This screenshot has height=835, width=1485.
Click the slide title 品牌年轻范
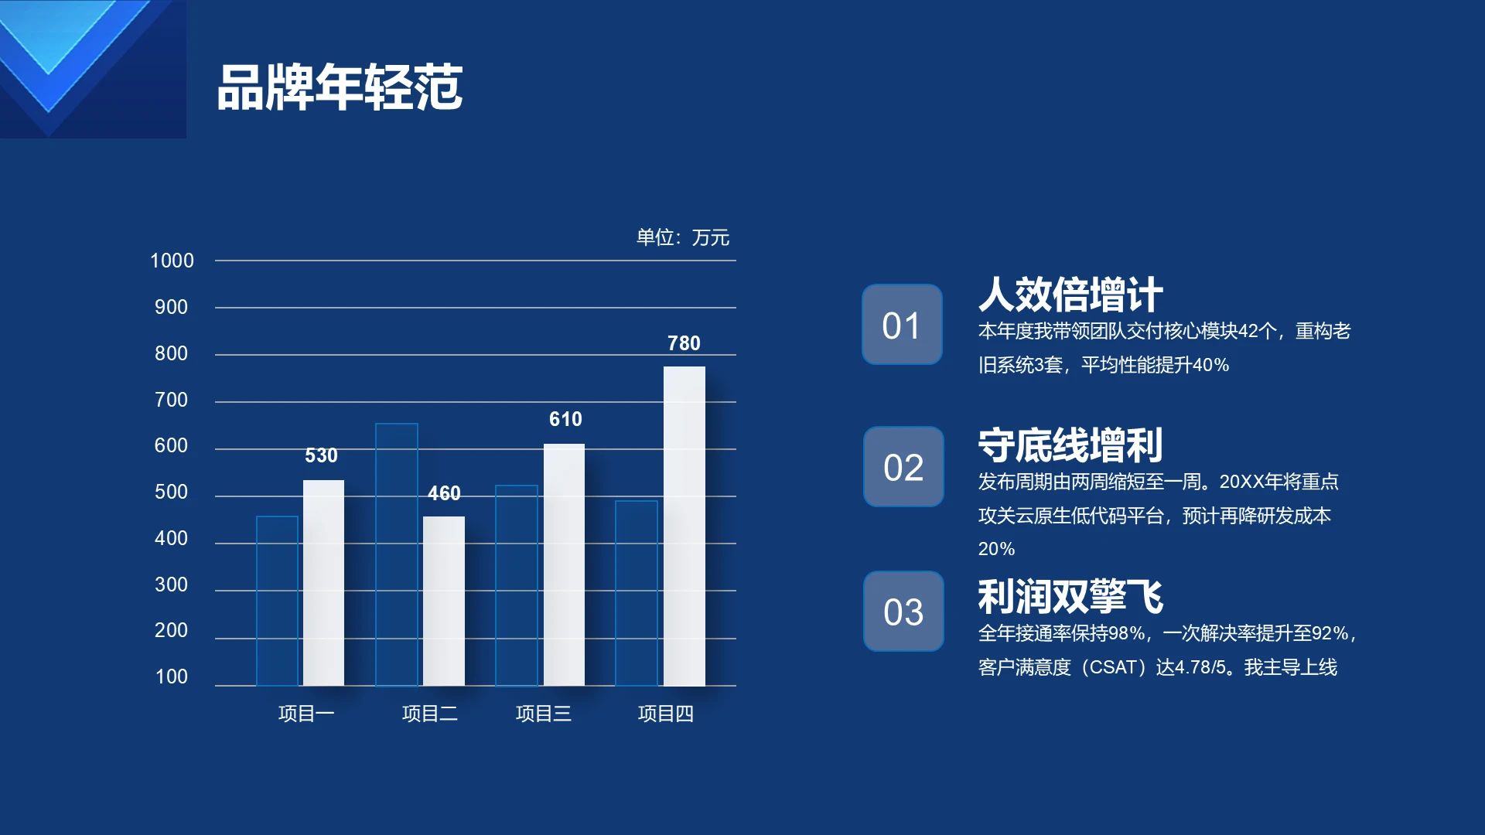[340, 87]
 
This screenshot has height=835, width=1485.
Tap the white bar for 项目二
[444, 601]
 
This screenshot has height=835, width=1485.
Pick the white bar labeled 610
[564, 564]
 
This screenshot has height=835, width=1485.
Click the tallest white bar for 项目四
[684, 526]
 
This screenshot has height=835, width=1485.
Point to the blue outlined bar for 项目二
[397, 554]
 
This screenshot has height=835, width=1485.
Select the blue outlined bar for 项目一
[277, 600]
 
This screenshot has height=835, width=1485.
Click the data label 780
[684, 343]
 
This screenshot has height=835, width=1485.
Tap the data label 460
[444, 493]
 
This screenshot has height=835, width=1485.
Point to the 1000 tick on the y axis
[172, 261]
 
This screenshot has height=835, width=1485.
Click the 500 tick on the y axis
[171, 492]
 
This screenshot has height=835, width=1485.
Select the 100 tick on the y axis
[171, 677]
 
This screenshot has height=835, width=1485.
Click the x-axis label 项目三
[544, 713]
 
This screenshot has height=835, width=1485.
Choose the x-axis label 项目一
[306, 713]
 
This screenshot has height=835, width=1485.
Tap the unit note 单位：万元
[682, 237]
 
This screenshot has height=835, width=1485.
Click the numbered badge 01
[902, 325]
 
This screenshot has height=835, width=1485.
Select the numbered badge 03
[903, 612]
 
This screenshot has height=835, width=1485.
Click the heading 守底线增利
[1070, 445]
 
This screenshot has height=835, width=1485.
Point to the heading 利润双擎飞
[1070, 597]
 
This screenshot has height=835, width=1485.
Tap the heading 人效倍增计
[1070, 295]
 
